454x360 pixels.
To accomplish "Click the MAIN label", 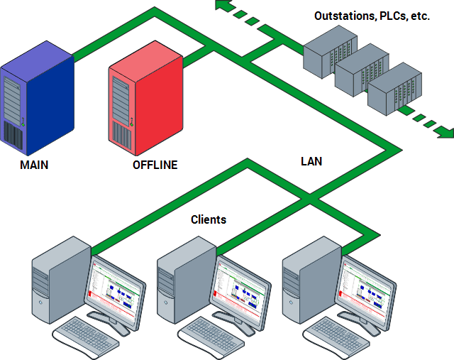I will pyautogui.click(x=34, y=165).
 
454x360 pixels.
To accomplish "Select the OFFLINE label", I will pyautogui.click(x=155, y=165).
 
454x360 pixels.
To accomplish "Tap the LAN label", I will pyautogui.click(x=311, y=161).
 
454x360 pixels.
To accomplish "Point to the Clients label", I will pyautogui.click(x=209, y=219).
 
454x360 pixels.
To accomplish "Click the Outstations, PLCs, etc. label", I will pyautogui.click(x=372, y=15).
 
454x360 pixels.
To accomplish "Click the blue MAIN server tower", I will pyautogui.click(x=35, y=99).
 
